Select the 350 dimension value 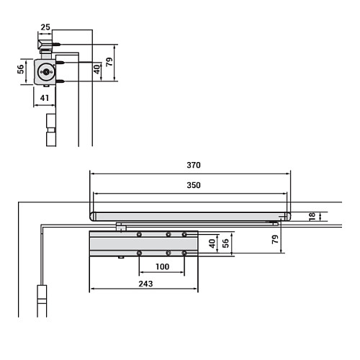(x=192, y=185)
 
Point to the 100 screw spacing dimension (x=161, y=267)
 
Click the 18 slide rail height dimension (x=311, y=216)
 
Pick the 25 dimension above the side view (x=45, y=27)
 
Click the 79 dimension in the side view (x=109, y=63)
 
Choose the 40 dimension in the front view (x=212, y=243)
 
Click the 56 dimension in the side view (x=21, y=71)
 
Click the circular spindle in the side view (x=47, y=72)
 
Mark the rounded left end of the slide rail (x=93, y=216)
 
